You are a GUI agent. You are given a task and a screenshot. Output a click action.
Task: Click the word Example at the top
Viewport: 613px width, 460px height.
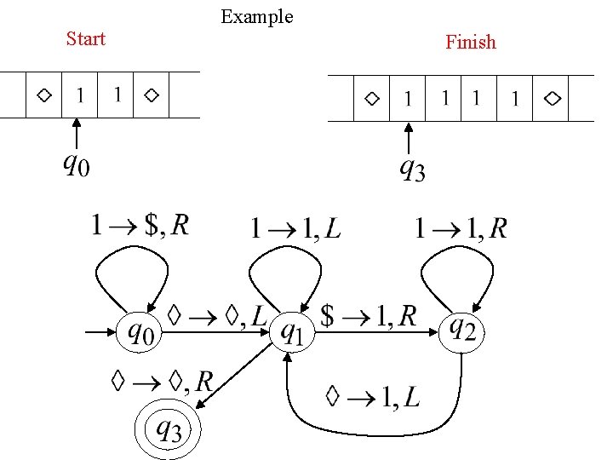[x=256, y=16]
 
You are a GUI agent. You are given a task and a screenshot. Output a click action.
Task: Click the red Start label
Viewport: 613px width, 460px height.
[x=85, y=39]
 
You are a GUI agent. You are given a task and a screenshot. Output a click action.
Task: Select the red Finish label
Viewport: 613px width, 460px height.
[x=470, y=43]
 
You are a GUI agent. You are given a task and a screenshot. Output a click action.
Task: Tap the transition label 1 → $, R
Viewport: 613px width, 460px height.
[x=140, y=225]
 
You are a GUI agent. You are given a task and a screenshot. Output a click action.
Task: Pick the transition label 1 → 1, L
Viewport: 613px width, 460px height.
[x=295, y=228]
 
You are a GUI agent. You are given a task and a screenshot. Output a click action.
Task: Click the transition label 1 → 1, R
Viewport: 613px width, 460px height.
[x=461, y=228]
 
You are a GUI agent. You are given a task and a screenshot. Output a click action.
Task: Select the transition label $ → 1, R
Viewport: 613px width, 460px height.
[x=369, y=315]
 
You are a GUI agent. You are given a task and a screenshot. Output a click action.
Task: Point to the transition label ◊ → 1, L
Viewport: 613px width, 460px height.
[x=372, y=396]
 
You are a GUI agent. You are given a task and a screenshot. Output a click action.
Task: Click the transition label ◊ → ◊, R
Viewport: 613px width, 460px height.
[x=162, y=381]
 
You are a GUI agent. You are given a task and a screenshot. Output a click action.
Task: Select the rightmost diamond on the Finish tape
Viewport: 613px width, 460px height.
[x=553, y=99]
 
